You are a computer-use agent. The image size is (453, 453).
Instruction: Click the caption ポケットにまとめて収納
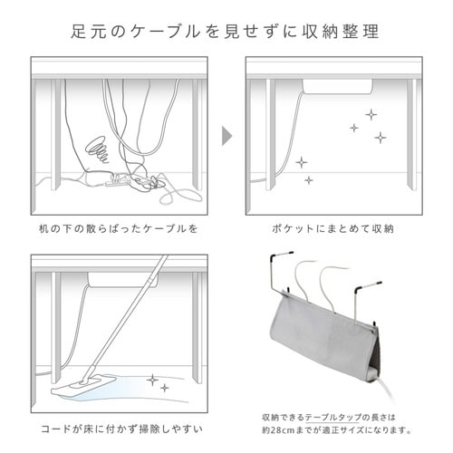coord(335,229)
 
